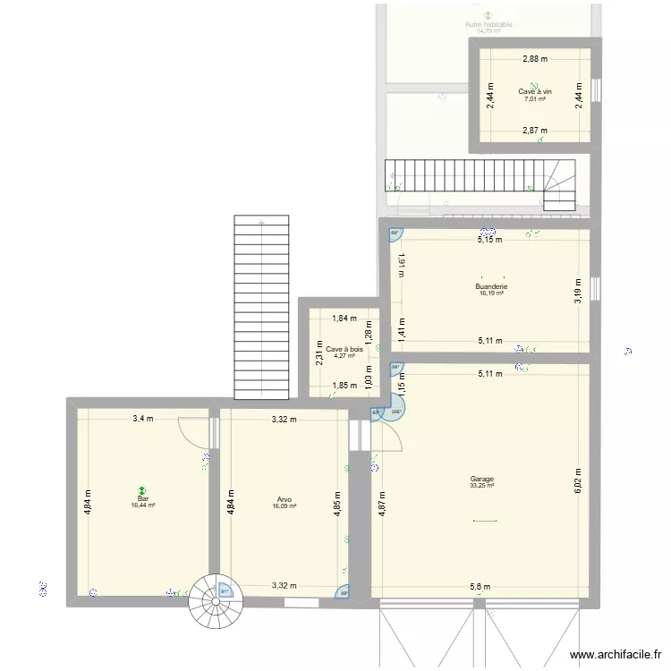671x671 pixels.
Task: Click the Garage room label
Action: click(x=481, y=479)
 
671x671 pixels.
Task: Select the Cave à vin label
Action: click(x=535, y=91)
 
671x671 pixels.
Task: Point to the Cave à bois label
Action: click(x=344, y=349)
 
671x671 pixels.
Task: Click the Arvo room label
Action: click(x=284, y=500)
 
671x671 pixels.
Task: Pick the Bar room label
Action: click(x=142, y=498)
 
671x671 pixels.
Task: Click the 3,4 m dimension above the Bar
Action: click(x=143, y=418)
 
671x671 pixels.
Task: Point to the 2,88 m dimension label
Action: click(x=535, y=59)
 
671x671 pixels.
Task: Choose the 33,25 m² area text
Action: click(x=481, y=486)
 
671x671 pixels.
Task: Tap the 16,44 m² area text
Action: click(x=142, y=505)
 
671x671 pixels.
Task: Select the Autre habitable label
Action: click(x=488, y=24)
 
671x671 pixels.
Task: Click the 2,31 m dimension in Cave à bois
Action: click(x=319, y=355)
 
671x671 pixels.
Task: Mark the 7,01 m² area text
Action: click(x=535, y=98)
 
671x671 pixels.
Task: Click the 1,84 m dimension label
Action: click(x=344, y=318)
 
